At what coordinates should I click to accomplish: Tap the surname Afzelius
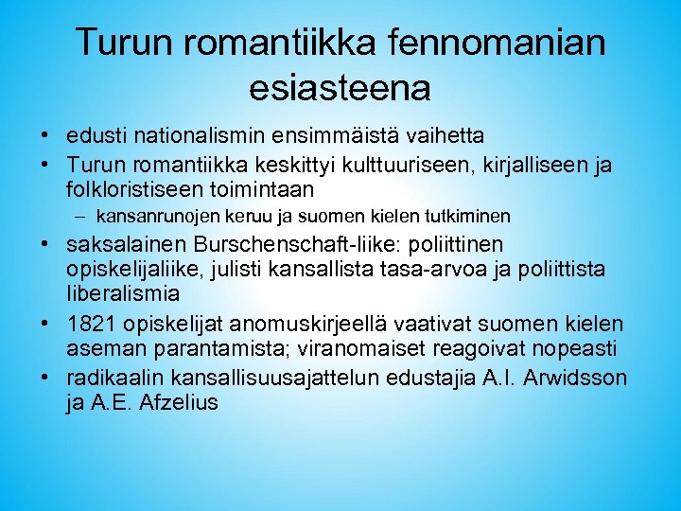click(x=178, y=401)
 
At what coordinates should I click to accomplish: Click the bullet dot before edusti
click(x=45, y=137)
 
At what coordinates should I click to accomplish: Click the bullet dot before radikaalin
click(x=45, y=379)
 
